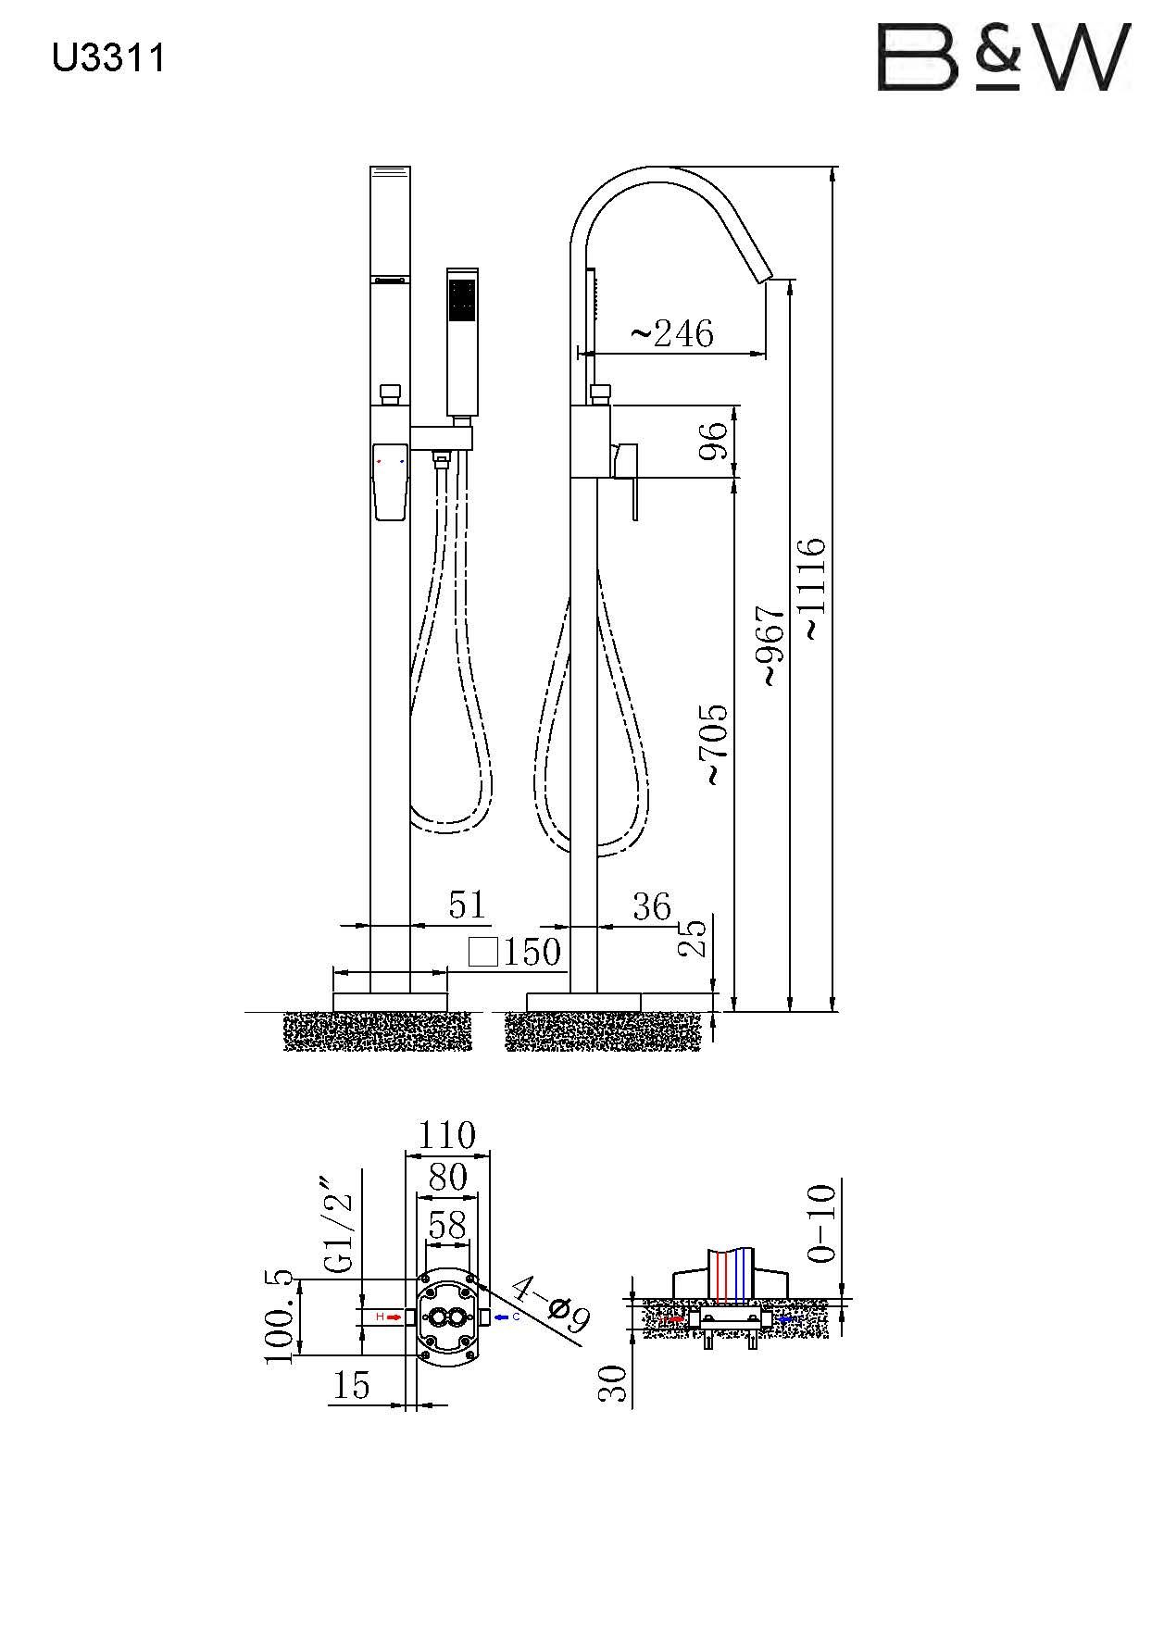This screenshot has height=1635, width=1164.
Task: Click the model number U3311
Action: (x=108, y=58)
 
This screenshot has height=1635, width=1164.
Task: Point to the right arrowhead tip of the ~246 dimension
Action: (x=769, y=352)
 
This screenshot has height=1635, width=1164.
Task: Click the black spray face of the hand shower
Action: (x=461, y=301)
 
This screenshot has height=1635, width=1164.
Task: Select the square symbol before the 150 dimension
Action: (x=483, y=952)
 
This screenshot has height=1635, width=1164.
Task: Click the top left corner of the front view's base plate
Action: (x=332, y=993)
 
